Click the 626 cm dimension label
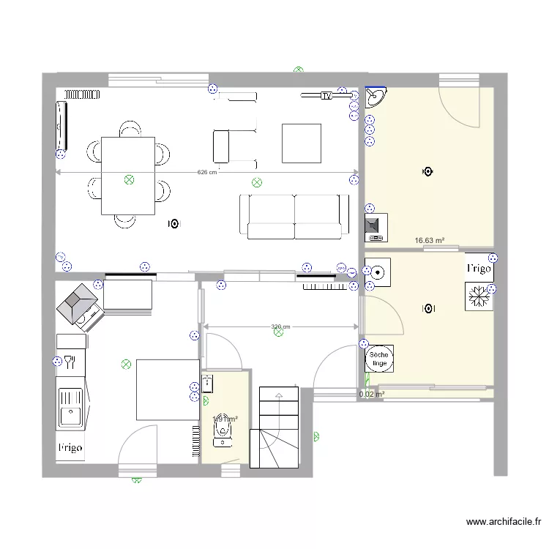pos(207,173)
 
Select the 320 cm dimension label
pos(280,326)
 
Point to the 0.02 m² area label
pos(372,394)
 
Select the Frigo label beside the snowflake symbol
pos(479,269)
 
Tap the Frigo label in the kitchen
pos(70,447)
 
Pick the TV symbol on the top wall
pos(326,96)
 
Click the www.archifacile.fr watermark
pos(504,522)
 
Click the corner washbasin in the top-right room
pos(376,97)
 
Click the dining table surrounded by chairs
pos(127,176)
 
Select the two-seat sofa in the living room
pos(294,217)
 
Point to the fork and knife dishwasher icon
pos(70,360)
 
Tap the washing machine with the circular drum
pos(378,272)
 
